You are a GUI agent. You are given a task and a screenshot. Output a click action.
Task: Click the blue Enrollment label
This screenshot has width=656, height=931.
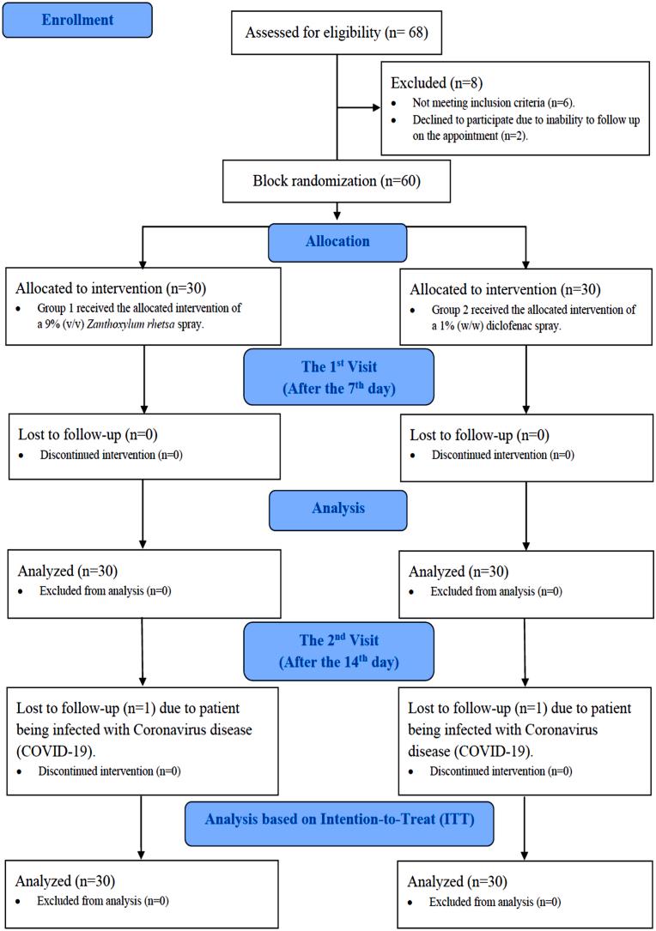[x=77, y=21]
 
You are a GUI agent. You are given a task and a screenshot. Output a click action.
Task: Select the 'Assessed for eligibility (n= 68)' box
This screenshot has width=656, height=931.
[x=336, y=33]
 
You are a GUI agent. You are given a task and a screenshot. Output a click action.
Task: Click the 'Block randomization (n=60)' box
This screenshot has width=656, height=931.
[x=336, y=183]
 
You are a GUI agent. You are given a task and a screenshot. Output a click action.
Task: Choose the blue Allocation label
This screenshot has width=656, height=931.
[x=337, y=242]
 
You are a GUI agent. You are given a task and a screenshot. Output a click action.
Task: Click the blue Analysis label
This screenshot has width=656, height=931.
[x=337, y=508]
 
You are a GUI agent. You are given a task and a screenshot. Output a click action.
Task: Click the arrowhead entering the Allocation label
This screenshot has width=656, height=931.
[x=337, y=215]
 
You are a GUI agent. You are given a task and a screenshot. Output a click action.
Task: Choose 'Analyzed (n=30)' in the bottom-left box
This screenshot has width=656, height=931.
[x=66, y=880]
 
